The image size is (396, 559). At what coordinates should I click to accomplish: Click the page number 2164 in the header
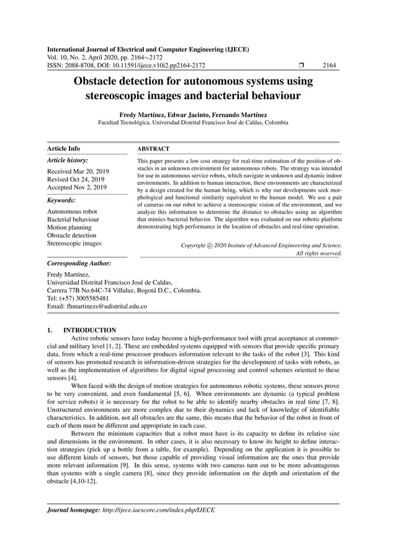330,64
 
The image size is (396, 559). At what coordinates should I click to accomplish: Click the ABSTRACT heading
153,149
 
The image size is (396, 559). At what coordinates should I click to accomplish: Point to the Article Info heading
64,149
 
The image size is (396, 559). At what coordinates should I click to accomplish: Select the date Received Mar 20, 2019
78,170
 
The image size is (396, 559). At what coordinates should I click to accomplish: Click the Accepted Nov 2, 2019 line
77,187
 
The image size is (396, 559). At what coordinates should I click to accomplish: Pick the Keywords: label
61,201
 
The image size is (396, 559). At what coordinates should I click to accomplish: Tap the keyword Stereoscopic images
74,244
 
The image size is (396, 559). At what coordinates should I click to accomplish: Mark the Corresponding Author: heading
79,263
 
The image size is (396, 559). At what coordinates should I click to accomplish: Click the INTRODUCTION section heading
89,330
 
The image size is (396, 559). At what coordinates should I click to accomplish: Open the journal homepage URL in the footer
159,510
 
